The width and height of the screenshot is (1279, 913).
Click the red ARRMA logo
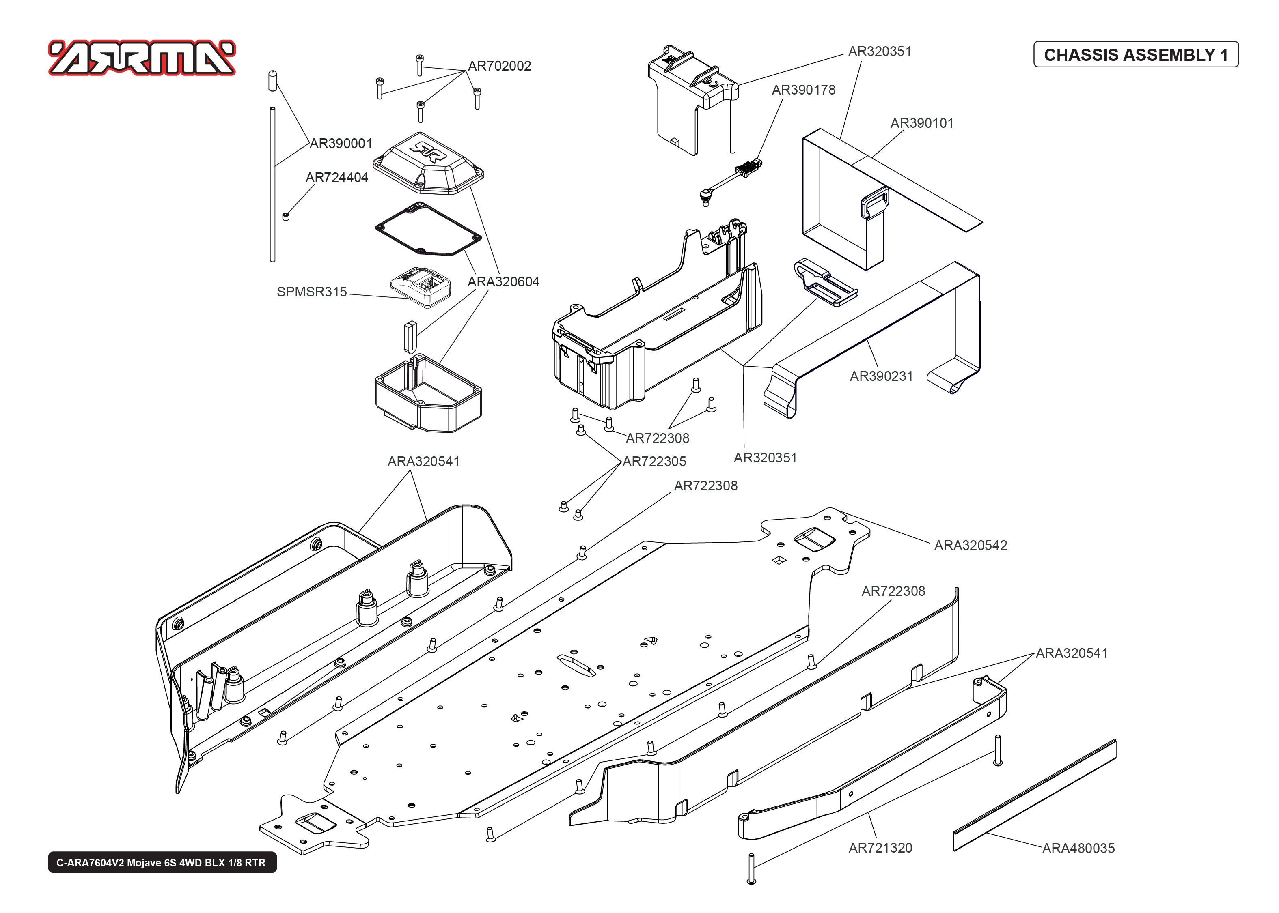(x=142, y=57)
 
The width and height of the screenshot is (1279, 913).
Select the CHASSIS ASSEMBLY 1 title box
(x=1136, y=54)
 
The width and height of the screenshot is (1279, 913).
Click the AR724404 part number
(x=336, y=178)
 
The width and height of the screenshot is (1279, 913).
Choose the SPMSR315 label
(x=312, y=292)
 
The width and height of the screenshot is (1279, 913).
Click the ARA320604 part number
(x=503, y=281)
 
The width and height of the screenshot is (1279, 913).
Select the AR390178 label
(x=803, y=90)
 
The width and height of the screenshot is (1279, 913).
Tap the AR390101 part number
(x=922, y=123)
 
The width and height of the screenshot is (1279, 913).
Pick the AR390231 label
(x=881, y=376)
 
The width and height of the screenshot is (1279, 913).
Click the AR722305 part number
(x=654, y=462)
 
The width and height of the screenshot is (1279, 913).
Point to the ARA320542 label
(x=971, y=546)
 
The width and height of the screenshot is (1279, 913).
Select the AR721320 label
(x=880, y=848)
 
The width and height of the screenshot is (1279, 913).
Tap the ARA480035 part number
(x=1078, y=849)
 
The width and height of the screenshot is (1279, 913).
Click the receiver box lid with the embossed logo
(x=428, y=163)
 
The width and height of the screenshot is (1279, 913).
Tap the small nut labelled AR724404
(x=286, y=217)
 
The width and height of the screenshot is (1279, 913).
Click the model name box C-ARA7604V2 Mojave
(x=162, y=862)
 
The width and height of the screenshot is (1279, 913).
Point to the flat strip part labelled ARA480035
(x=1035, y=795)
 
